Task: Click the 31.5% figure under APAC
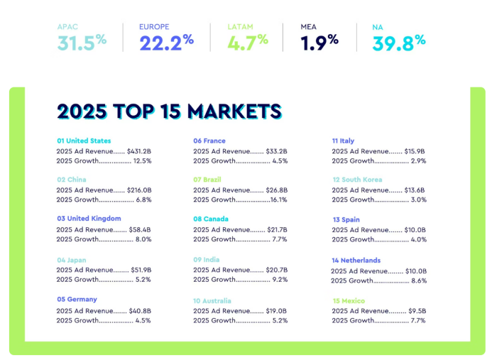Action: pos(82,42)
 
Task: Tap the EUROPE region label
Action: pos(154,27)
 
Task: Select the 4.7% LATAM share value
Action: pos(248,42)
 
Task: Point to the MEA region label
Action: pos(309,27)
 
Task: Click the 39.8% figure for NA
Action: pos(398,42)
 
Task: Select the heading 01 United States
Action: pos(84,141)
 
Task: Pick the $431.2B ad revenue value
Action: pos(139,151)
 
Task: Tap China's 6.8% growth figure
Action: pos(143,200)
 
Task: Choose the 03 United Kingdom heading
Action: pos(89,219)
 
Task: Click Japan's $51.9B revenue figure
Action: pos(141,270)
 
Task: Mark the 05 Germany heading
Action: pos(77,300)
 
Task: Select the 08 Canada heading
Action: pos(211,219)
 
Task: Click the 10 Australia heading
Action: pos(217,301)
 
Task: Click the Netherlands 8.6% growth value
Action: pos(418,281)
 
